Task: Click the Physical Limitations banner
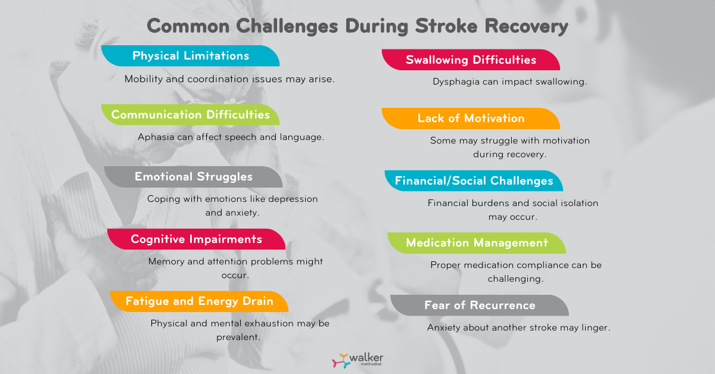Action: click(191, 56)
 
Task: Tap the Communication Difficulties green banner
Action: click(191, 114)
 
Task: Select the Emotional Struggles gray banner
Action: click(194, 177)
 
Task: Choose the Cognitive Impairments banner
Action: click(197, 239)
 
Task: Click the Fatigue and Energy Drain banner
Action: click(200, 301)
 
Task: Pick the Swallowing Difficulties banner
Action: click(471, 60)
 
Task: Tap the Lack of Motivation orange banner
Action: click(471, 118)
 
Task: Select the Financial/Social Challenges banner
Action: click(474, 180)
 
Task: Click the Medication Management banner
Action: click(477, 243)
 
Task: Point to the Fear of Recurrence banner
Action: click(480, 306)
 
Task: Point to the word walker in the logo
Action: click(366, 357)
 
